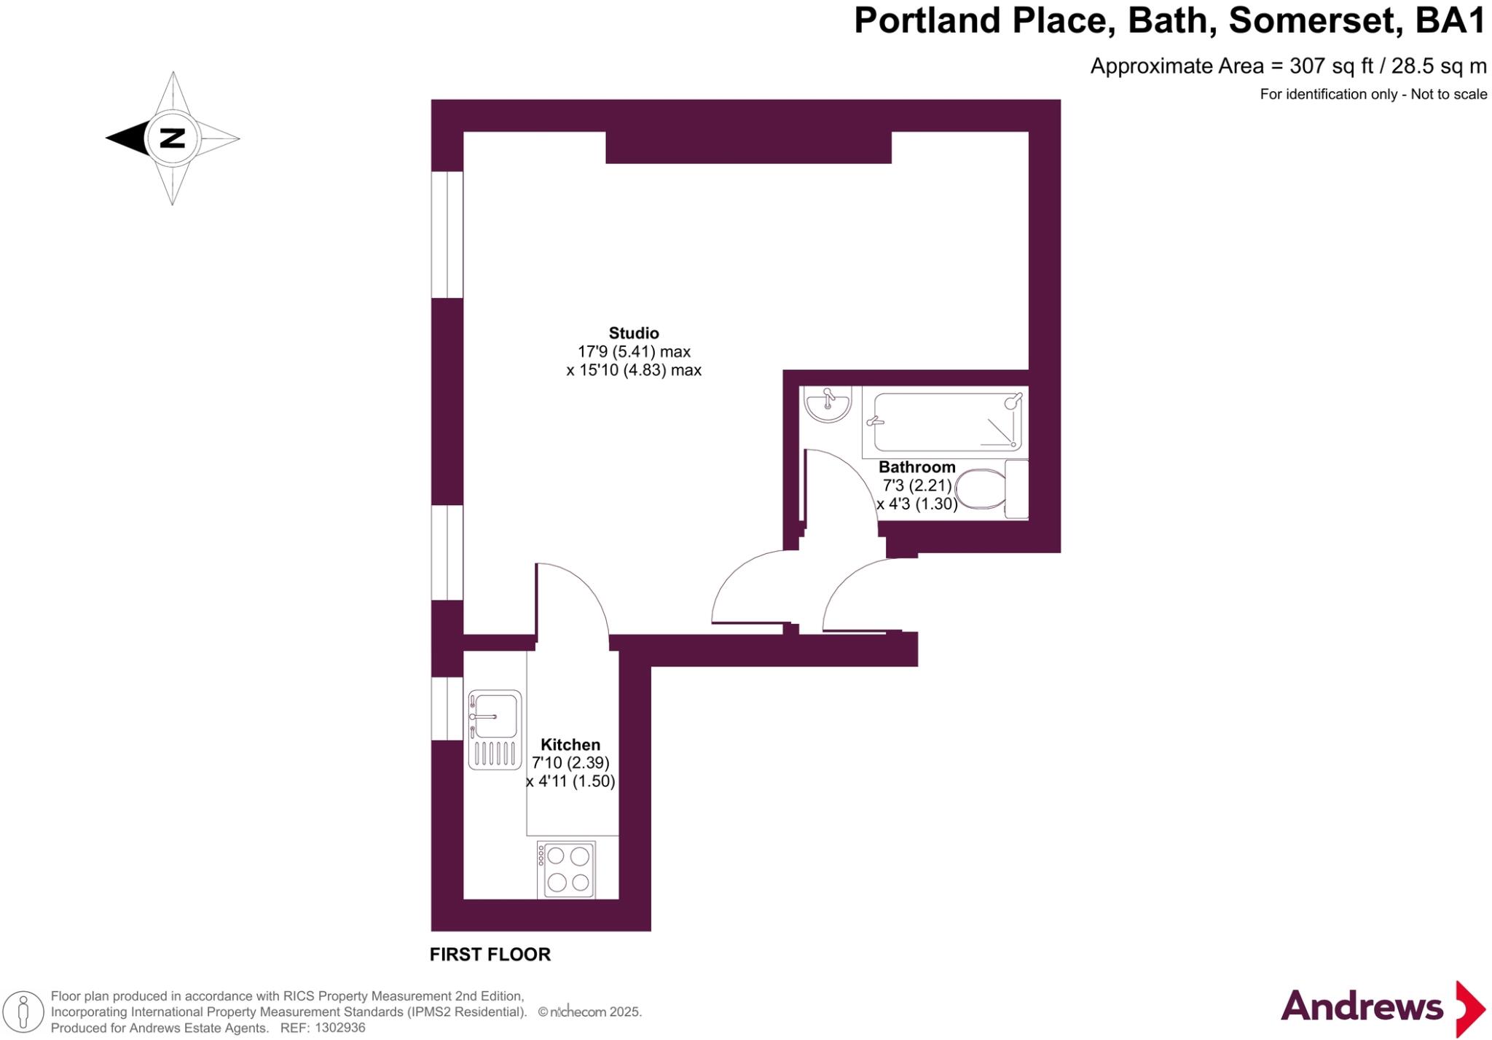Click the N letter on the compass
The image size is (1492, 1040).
(172, 138)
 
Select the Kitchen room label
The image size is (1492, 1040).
(570, 745)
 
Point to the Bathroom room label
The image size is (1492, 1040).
(916, 467)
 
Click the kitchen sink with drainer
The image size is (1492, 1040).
(495, 730)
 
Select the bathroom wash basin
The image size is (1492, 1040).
(828, 404)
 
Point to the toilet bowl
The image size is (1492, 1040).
(981, 489)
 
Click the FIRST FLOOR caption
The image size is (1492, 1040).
(490, 954)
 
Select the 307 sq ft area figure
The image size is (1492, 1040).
(1331, 66)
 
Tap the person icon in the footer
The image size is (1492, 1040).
(23, 1012)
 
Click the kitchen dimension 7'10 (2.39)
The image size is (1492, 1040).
(570, 763)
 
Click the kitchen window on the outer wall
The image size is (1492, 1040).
(447, 708)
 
